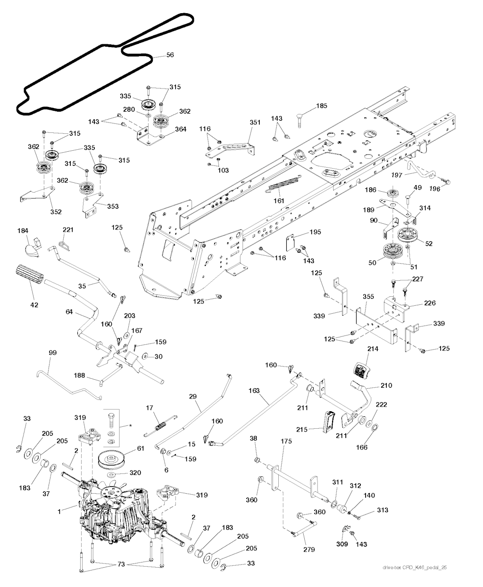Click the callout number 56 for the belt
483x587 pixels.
[x=170, y=55]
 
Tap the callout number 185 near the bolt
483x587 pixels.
[x=321, y=106]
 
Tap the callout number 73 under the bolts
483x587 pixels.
[x=121, y=564]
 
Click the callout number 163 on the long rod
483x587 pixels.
[x=254, y=391]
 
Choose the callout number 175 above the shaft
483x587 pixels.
[x=286, y=441]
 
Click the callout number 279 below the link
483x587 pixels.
[x=308, y=549]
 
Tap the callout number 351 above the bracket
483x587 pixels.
[x=255, y=122]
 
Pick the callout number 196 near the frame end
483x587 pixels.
[x=434, y=189]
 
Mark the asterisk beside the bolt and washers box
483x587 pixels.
[x=130, y=425]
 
